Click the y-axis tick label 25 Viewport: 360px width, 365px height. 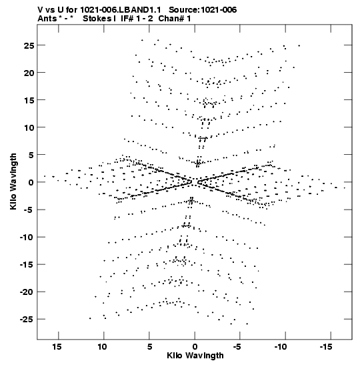click(29, 45)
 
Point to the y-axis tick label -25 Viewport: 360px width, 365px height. click(27, 320)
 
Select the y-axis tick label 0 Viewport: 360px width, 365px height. click(31, 183)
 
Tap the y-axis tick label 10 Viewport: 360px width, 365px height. click(29, 128)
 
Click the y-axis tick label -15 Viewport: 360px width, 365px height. click(27, 265)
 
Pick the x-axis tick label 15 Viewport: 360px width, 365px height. click(57, 347)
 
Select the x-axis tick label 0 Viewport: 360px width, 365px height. click(195, 347)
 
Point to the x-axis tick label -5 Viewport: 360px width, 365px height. click(237, 347)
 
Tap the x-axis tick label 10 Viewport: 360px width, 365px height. click(102, 347)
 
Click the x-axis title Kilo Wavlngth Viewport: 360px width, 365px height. click(195, 356)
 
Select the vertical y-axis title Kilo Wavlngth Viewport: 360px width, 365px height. click(13, 181)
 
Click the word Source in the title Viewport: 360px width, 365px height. click(184, 10)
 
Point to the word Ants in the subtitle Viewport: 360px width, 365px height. click(47, 19)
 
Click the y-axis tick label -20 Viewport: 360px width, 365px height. click(27, 292)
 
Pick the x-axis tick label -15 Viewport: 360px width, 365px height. click(326, 347)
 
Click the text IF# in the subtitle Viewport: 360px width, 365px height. click(127, 19)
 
